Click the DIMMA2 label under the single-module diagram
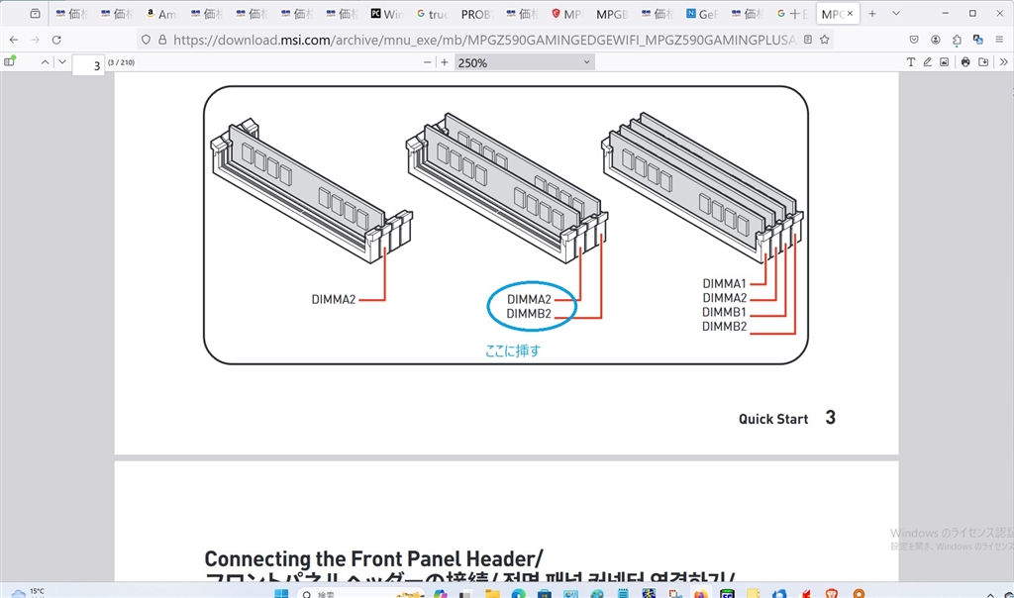click(x=334, y=299)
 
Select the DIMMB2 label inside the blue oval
click(x=529, y=314)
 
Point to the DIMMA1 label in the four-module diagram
click(x=725, y=284)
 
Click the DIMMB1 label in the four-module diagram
click(x=725, y=312)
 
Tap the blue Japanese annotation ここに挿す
click(x=513, y=350)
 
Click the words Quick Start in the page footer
click(x=773, y=419)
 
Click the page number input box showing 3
click(x=89, y=65)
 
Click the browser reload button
click(x=56, y=40)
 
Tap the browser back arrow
click(x=14, y=40)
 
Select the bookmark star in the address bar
click(x=824, y=40)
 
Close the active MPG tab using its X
click(x=850, y=14)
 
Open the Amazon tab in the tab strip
click(x=160, y=14)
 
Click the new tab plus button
click(x=872, y=14)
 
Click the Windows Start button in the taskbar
click(x=280, y=593)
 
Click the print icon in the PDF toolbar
click(x=965, y=62)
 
